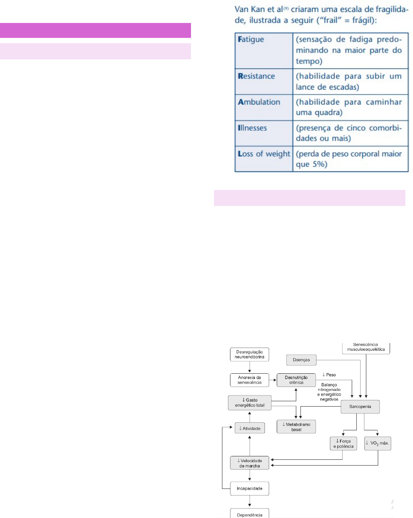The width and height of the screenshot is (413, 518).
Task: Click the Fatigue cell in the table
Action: coord(264,51)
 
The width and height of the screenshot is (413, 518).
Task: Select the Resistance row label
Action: coord(264,82)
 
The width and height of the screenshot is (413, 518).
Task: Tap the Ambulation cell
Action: coord(264,107)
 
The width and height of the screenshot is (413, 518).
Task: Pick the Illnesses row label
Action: coord(264,133)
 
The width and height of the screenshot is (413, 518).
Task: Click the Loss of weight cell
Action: coord(264,159)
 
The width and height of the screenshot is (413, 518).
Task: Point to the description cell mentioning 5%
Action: coord(350,159)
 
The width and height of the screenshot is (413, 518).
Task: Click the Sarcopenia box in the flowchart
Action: coord(360,407)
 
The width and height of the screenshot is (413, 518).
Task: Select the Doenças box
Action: coord(301,360)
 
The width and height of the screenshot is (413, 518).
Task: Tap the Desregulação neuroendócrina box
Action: coord(250,355)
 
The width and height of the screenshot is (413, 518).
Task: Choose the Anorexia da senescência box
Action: coord(250,380)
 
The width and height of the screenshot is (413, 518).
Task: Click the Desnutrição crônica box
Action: coord(296,380)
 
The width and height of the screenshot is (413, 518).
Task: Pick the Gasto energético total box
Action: coord(250,403)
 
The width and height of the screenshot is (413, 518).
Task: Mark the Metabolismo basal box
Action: coord(296,427)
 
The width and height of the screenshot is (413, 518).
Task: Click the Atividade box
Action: coord(250,428)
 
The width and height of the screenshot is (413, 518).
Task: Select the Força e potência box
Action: coord(343,444)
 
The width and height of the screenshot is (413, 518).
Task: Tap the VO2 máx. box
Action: coord(377,443)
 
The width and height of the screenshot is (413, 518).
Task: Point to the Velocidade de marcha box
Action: coord(250,463)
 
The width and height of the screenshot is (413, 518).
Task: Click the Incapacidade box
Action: coord(250,489)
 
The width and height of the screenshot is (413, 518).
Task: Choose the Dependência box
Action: coord(250,514)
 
